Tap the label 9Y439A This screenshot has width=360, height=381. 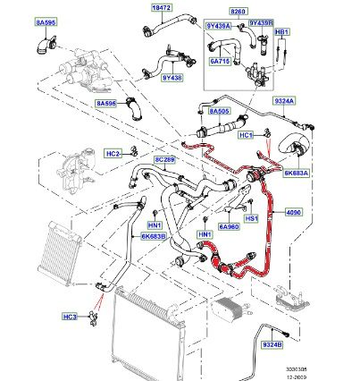[x=219, y=25]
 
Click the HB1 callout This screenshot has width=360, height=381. [x=282, y=32]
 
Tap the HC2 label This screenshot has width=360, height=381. [x=113, y=153]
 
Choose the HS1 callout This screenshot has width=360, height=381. [x=251, y=216]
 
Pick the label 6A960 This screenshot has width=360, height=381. [x=230, y=228]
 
